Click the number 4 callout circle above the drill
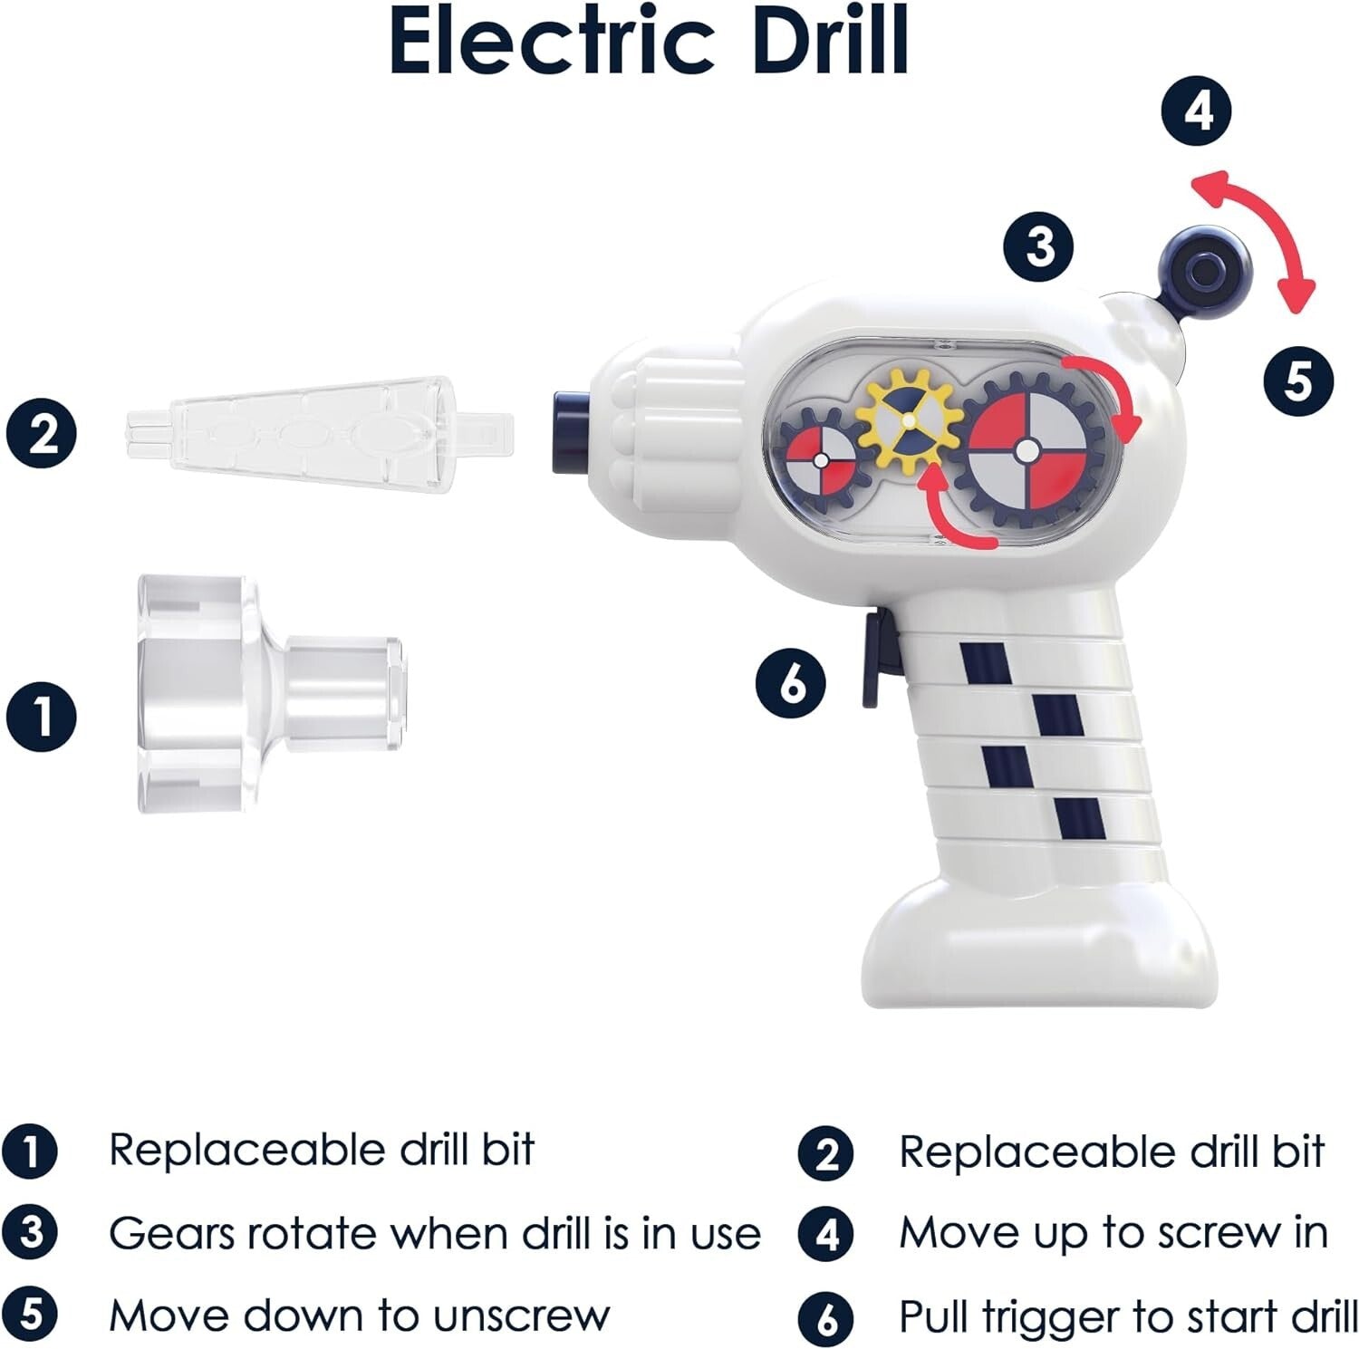point(1198,112)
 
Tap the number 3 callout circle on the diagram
point(1038,246)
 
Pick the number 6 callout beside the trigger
point(790,682)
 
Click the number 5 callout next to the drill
point(1298,380)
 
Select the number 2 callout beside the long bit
point(42,433)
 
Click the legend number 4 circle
point(826,1235)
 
